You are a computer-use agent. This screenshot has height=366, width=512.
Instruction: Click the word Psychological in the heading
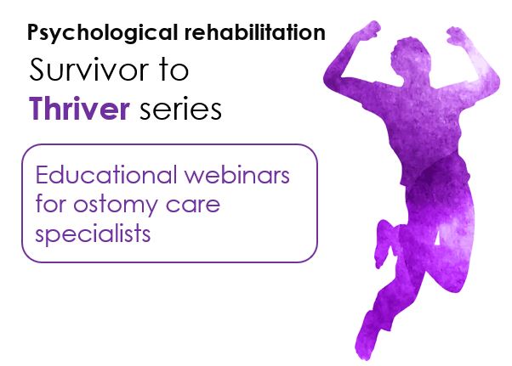tap(103, 33)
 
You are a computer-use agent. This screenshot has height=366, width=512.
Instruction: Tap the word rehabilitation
tap(254, 32)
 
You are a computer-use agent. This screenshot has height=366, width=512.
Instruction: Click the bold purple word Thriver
tap(79, 108)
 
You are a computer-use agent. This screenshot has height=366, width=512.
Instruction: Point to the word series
tap(181, 110)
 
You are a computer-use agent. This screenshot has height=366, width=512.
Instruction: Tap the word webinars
tap(236, 175)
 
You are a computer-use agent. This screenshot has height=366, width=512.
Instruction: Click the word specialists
tap(93, 234)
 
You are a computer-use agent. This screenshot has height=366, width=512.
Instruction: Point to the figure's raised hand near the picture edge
tap(459, 35)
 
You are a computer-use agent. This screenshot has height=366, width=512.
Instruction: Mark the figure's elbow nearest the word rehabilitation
tap(331, 78)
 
